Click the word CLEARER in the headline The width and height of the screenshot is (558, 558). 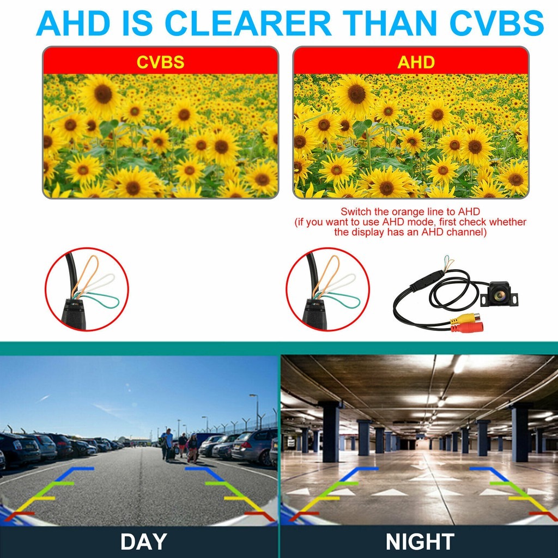click(x=248, y=23)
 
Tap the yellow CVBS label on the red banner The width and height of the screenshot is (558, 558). click(x=160, y=62)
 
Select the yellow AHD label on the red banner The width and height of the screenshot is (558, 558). click(x=416, y=62)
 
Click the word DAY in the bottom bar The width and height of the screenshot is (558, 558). click(x=143, y=542)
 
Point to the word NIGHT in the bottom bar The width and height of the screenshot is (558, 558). click(x=420, y=542)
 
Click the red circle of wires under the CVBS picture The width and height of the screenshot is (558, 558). click(x=87, y=289)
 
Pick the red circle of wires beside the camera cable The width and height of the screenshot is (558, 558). click(x=327, y=289)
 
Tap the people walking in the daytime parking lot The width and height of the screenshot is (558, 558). click(x=180, y=444)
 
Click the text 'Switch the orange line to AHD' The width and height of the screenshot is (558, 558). click(x=410, y=211)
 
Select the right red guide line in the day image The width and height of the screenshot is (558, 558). click(x=260, y=514)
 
